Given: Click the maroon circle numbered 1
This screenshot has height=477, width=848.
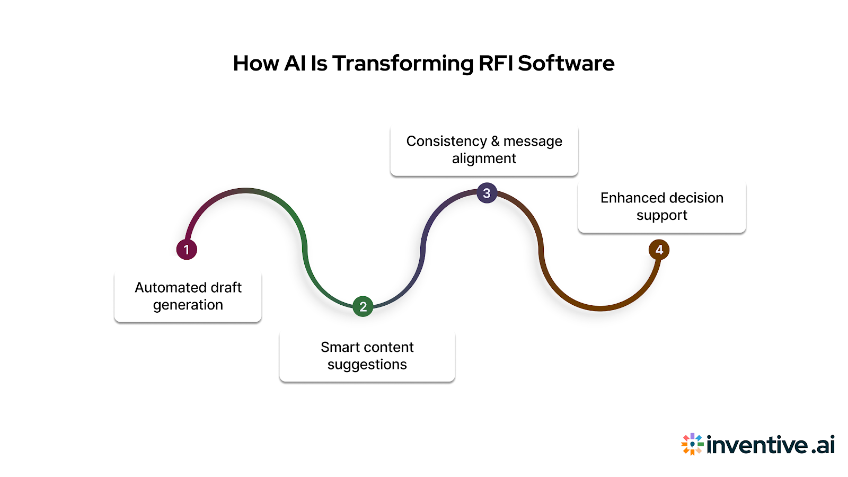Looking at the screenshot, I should click(187, 250).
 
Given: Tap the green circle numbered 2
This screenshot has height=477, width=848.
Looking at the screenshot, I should click(363, 306).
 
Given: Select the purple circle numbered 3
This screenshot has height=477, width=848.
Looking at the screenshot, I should click(487, 193).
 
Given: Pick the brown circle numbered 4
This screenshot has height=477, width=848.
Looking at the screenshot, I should click(659, 250).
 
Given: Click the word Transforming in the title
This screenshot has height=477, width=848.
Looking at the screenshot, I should click(403, 64).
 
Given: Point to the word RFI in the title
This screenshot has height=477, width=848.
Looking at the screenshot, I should click(496, 64).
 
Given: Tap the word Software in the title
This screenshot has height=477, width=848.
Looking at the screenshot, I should click(566, 64).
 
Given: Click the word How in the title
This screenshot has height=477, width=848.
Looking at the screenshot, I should click(256, 64).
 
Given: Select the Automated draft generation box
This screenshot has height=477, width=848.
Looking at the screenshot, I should click(188, 296).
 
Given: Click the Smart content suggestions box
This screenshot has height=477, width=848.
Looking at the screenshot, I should click(367, 356).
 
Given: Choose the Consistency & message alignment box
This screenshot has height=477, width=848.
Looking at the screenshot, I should click(484, 150).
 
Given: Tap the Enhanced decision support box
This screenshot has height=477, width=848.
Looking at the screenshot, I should click(661, 207).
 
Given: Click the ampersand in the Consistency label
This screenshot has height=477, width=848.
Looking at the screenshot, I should click(495, 142).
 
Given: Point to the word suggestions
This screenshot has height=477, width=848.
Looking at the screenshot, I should click(367, 365).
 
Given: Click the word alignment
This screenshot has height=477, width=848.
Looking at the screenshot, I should click(484, 158).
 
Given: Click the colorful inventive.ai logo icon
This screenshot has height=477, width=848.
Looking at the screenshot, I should click(692, 444).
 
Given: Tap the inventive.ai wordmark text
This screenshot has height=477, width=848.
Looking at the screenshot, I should click(771, 445).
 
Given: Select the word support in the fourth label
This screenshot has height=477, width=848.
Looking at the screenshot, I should click(661, 215).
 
